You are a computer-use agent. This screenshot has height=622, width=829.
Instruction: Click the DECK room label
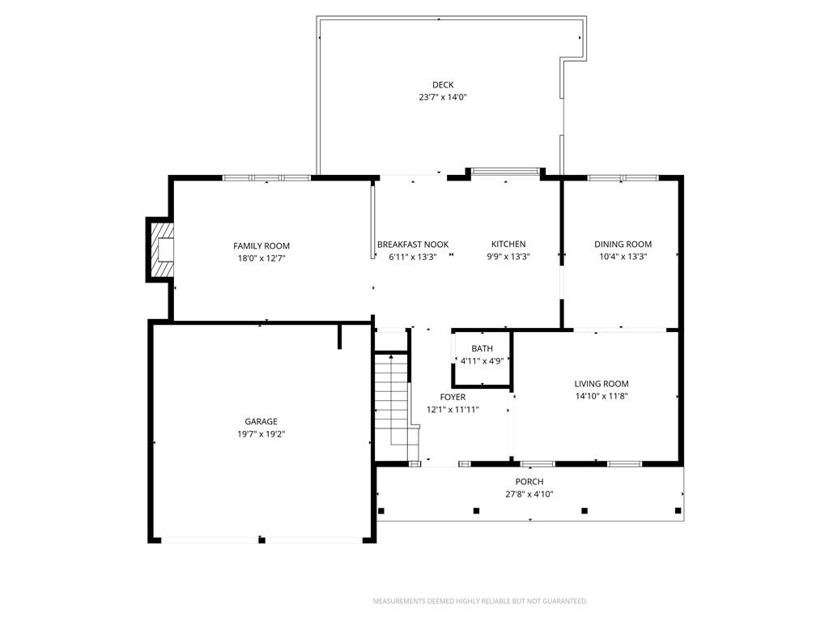tap(443, 85)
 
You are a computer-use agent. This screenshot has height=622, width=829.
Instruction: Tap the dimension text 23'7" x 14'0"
tap(443, 97)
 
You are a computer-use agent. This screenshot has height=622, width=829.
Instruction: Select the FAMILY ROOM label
tap(261, 246)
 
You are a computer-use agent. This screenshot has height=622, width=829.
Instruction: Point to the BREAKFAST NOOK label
tap(413, 245)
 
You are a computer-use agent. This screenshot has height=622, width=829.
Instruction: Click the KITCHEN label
tap(508, 245)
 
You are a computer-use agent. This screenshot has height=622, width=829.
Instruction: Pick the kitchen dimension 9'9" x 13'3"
tap(508, 257)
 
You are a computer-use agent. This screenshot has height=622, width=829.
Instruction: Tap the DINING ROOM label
tap(623, 245)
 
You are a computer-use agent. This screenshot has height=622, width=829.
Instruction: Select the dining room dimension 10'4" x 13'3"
tap(623, 257)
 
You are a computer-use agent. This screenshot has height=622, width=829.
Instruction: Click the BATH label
tap(483, 349)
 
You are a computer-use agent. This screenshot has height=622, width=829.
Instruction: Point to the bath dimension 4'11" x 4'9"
tap(483, 361)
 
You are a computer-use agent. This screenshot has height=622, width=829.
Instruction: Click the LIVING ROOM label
tap(602, 384)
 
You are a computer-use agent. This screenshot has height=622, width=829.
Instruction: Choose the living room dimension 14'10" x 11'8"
tap(602, 396)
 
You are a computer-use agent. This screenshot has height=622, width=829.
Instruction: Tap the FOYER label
tap(453, 397)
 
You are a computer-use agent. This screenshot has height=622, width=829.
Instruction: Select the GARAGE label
tap(261, 421)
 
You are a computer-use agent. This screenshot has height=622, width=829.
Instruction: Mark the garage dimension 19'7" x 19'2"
tap(261, 433)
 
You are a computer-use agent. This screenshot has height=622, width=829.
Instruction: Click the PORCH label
tap(529, 482)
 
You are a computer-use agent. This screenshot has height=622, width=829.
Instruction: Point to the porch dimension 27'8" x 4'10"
tap(529, 494)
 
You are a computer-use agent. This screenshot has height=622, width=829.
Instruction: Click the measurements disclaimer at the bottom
tap(480, 601)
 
